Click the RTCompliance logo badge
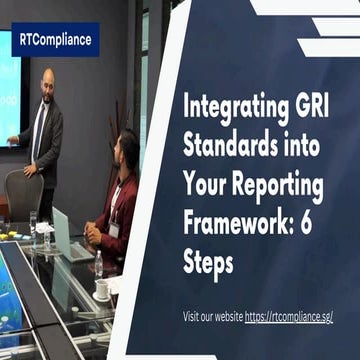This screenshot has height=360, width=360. tap(55, 40)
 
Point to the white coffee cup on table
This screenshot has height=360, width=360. tap(102, 290)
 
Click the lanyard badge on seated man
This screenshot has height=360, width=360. tap(113, 226)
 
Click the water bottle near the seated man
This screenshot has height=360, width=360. tap(98, 262)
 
